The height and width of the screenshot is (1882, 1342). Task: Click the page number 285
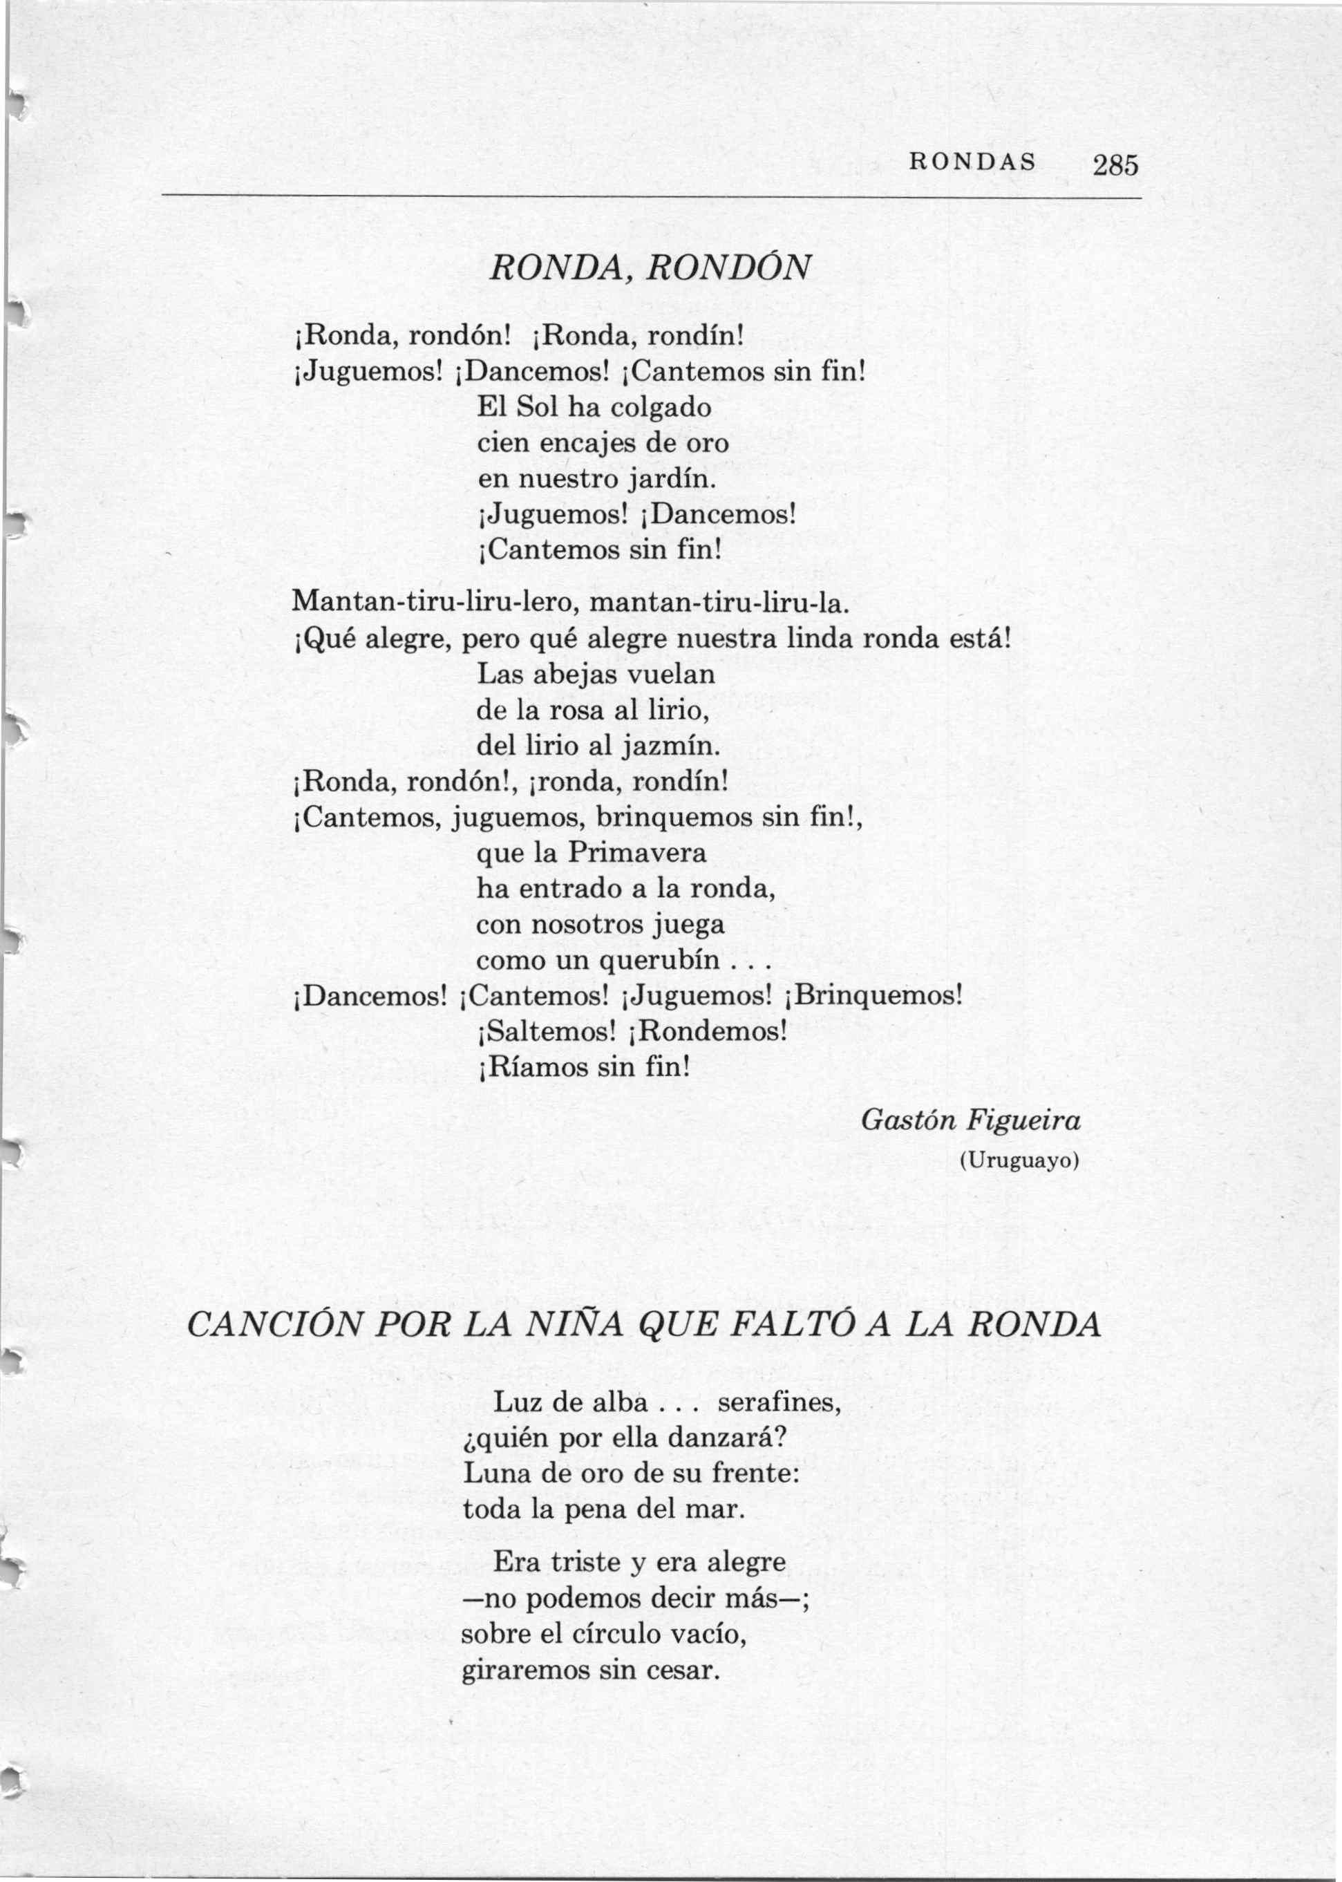pyautogui.click(x=1115, y=165)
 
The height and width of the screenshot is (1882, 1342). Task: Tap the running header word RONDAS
pyautogui.click(x=972, y=163)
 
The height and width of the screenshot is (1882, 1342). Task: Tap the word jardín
pyautogui.click(x=668, y=480)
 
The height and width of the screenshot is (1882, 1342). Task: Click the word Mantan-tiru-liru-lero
pyautogui.click(x=436, y=602)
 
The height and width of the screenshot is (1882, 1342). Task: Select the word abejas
pyautogui.click(x=573, y=675)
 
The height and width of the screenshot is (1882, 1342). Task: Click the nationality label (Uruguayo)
pyautogui.click(x=1019, y=1161)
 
